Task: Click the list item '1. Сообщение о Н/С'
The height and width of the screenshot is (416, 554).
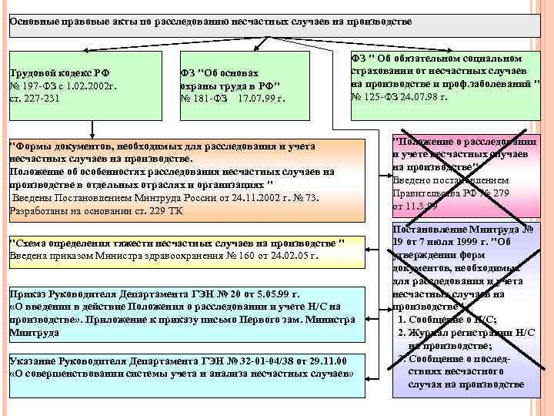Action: coord(446,320)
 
